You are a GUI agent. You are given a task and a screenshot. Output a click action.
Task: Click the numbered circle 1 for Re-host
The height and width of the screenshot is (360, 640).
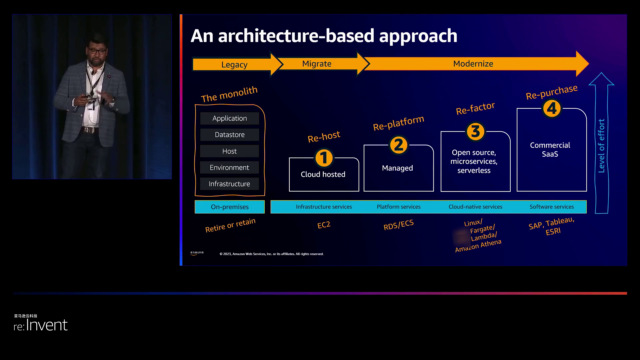pos(324,158)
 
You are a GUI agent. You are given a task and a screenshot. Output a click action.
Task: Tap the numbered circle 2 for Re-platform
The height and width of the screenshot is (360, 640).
pos(398,145)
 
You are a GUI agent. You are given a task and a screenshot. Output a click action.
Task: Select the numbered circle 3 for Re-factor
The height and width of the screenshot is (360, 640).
pos(475,131)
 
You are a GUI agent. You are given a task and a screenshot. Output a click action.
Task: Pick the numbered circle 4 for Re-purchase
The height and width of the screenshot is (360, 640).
pos(552,108)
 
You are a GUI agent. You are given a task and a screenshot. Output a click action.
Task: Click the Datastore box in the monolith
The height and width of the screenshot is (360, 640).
pos(230,135)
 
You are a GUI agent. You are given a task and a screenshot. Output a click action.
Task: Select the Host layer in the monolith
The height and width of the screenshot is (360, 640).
pos(230,151)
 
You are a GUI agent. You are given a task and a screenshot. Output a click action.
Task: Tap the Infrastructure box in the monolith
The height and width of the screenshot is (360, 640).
pos(230,184)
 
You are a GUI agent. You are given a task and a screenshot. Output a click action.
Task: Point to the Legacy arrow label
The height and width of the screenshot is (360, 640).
pos(234,64)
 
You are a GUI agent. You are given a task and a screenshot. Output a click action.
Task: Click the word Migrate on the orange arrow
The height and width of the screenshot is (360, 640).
pos(317,64)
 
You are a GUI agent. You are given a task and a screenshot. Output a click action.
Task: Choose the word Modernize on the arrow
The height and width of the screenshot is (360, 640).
pos(473,64)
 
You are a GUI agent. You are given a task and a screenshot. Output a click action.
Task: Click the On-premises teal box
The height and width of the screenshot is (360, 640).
pos(230,207)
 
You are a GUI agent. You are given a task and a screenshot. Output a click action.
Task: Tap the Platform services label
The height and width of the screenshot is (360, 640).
pos(399,207)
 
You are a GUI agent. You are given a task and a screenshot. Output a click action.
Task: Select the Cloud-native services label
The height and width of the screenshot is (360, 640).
pos(475,207)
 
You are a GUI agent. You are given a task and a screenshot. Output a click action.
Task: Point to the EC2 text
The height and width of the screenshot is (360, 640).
pos(324,225)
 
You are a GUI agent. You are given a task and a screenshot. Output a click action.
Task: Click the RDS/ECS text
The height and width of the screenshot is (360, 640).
pos(398,225)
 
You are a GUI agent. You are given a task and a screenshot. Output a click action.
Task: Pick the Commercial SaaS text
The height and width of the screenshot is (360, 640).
pos(550,150)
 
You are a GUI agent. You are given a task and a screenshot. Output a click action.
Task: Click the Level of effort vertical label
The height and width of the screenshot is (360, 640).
pos(601,146)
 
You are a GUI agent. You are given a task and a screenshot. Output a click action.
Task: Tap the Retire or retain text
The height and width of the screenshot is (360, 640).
pos(230,225)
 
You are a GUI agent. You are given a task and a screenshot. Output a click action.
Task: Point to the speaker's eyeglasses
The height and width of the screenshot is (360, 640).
pos(97,51)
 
